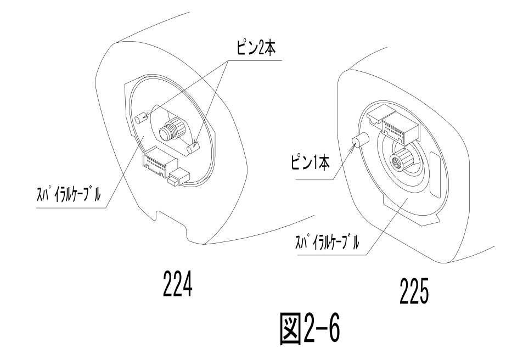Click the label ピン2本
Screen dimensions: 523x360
click(x=256, y=49)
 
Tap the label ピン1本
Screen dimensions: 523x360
click(x=310, y=163)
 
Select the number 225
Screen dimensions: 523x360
click(x=414, y=291)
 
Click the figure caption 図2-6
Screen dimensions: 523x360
click(x=310, y=328)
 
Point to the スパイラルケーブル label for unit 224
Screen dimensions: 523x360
click(x=68, y=194)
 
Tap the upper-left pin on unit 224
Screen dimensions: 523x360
click(x=141, y=118)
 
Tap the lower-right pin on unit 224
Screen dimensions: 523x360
click(x=193, y=148)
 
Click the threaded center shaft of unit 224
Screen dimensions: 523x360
click(x=171, y=130)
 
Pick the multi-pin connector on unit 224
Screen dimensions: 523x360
click(x=159, y=162)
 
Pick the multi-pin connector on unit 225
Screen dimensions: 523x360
click(x=399, y=126)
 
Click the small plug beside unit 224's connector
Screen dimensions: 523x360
click(x=179, y=177)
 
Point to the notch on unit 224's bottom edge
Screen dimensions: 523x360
click(x=171, y=221)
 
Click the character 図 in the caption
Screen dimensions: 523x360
click(x=290, y=329)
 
